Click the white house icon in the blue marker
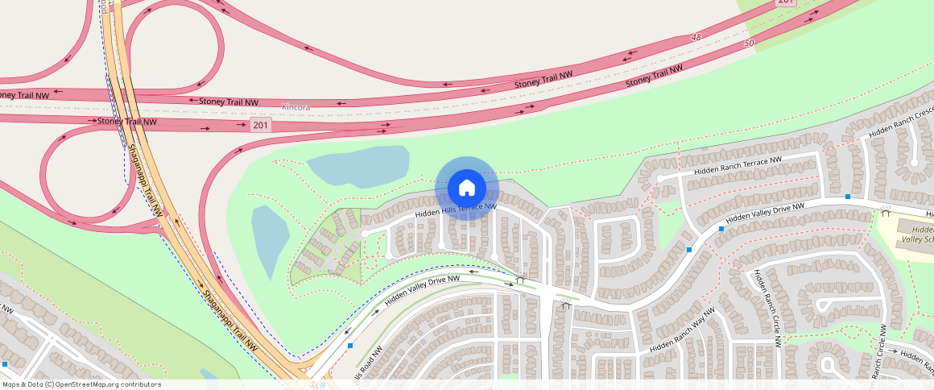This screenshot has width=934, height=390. [x=466, y=189]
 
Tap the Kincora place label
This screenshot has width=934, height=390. [x=295, y=107]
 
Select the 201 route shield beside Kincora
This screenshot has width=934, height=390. [x=260, y=125]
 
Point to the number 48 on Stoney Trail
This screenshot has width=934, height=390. [x=696, y=38]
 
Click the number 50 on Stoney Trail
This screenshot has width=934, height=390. [x=750, y=43]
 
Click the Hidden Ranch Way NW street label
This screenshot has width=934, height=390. [x=682, y=331]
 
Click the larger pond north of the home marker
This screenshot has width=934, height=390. [x=359, y=165]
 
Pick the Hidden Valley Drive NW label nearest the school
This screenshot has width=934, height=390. [x=764, y=214]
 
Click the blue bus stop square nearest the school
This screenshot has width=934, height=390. [x=848, y=197]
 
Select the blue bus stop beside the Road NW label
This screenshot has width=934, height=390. [x=351, y=346]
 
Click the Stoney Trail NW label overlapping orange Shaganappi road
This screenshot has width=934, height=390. [x=126, y=122]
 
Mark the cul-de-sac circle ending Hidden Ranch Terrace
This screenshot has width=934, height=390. [x=659, y=178]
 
